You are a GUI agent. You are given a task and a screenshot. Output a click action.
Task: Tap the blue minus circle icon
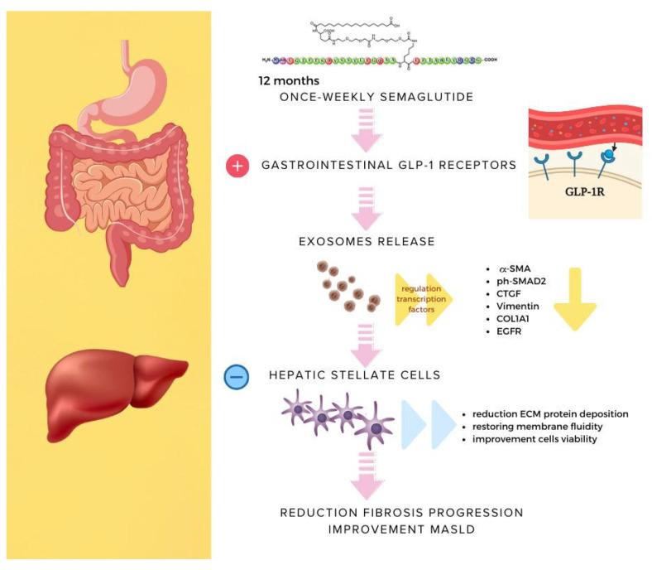[237, 376]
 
